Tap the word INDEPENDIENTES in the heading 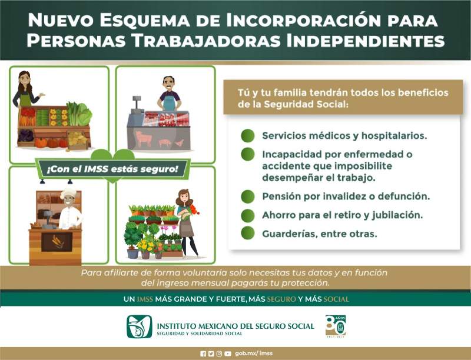[x=365, y=41]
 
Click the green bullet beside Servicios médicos [x=247, y=136]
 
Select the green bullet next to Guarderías [x=247, y=233]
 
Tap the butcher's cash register [x=137, y=104]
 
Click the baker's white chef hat [x=68, y=193]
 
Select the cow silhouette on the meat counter [x=144, y=138]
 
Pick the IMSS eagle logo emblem [x=140, y=326]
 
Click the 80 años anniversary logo [x=336, y=326]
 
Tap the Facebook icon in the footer [x=203, y=354]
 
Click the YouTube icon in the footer [x=228, y=354]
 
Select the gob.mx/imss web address [x=254, y=354]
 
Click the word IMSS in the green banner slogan [x=145, y=299]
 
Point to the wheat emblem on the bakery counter [x=57, y=242]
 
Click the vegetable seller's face [x=25, y=79]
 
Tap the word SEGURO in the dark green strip [x=281, y=299]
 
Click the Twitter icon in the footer [x=211, y=354]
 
